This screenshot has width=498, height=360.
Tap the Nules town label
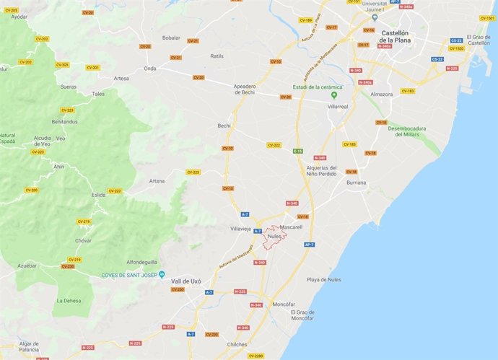[x=274, y=236]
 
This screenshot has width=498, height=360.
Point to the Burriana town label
[x=356, y=183]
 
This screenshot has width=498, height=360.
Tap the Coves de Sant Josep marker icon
[x=162, y=273]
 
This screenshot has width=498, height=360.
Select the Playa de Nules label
[x=323, y=279]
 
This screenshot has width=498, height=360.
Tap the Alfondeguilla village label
[x=143, y=262]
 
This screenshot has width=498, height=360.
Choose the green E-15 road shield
[x=298, y=151]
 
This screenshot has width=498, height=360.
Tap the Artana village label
[x=157, y=181]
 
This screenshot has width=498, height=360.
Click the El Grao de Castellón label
[x=478, y=40]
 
